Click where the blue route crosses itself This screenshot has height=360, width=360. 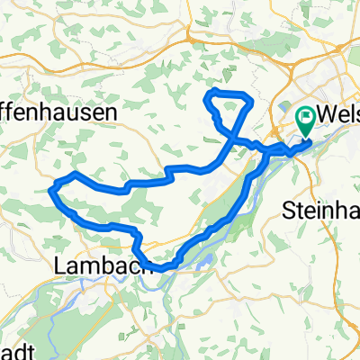(x=233, y=139)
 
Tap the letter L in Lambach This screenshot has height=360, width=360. (x=60, y=266)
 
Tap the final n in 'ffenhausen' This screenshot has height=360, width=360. (x=112, y=112)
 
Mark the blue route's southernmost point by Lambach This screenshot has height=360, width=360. (x=162, y=267)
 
